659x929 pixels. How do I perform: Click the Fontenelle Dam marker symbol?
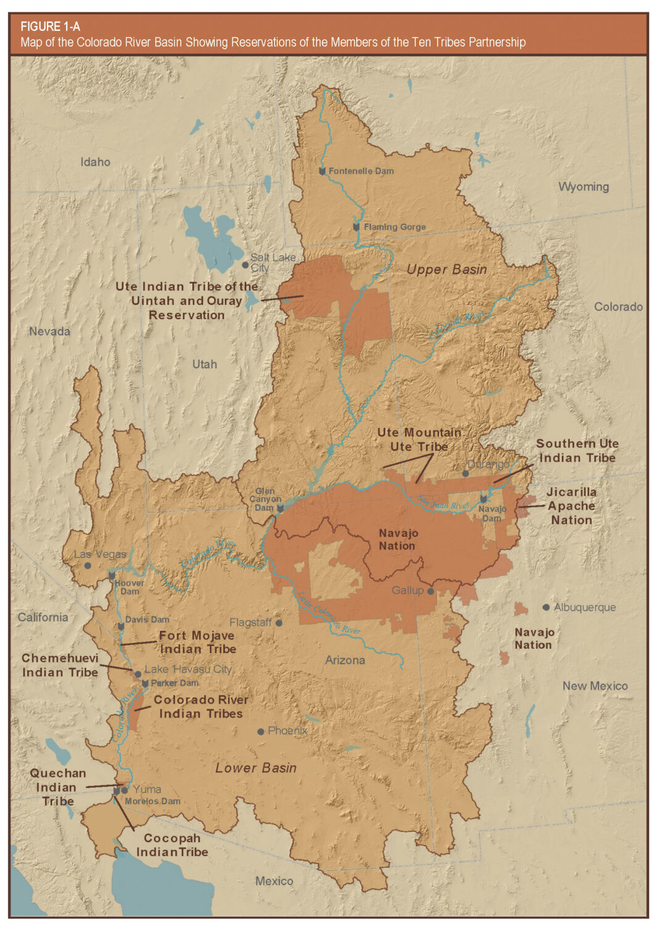click(321, 171)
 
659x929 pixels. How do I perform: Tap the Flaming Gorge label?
click(394, 227)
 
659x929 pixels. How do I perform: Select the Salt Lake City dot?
click(245, 265)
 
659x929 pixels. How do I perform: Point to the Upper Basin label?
click(446, 270)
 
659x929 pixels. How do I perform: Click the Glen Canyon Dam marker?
click(280, 509)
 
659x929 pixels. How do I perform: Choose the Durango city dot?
click(465, 473)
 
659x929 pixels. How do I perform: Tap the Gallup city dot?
click(431, 591)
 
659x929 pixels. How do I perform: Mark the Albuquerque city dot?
click(545, 607)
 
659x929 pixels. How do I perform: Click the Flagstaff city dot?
click(279, 623)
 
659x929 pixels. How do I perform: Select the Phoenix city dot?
click(261, 731)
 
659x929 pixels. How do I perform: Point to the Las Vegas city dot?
click(88, 565)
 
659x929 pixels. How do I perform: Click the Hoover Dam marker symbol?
click(112, 576)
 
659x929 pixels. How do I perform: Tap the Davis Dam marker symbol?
click(121, 627)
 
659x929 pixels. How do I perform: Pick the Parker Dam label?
click(175, 683)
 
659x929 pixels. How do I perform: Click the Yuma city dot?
click(125, 790)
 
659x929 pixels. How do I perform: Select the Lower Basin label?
click(255, 768)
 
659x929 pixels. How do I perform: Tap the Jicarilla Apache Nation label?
click(571, 506)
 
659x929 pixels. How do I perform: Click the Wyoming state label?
click(583, 187)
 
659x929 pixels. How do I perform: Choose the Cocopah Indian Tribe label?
click(172, 845)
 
